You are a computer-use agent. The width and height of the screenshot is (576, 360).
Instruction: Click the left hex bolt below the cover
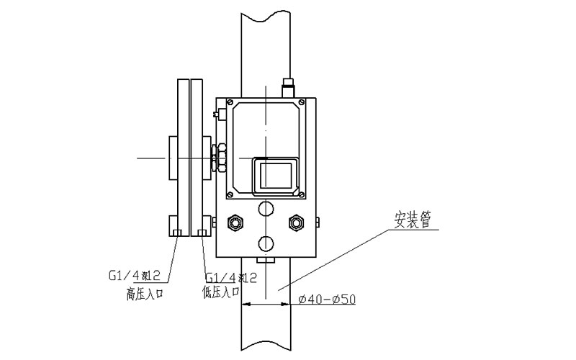coord(235,221)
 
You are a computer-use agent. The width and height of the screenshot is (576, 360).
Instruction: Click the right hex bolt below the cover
coord(296,221)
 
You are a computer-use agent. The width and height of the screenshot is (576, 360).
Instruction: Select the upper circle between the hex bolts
coord(266,209)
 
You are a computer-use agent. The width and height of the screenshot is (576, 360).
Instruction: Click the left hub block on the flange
coord(173,158)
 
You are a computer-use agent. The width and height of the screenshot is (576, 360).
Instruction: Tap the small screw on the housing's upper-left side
coord(216,112)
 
